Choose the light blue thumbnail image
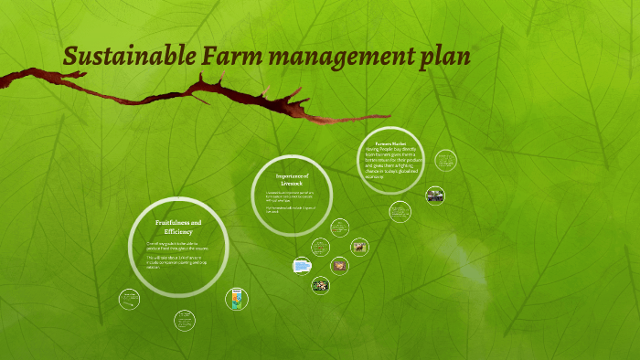(x=302, y=266)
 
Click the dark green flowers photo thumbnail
(x=320, y=285)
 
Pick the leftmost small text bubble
(x=130, y=298)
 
